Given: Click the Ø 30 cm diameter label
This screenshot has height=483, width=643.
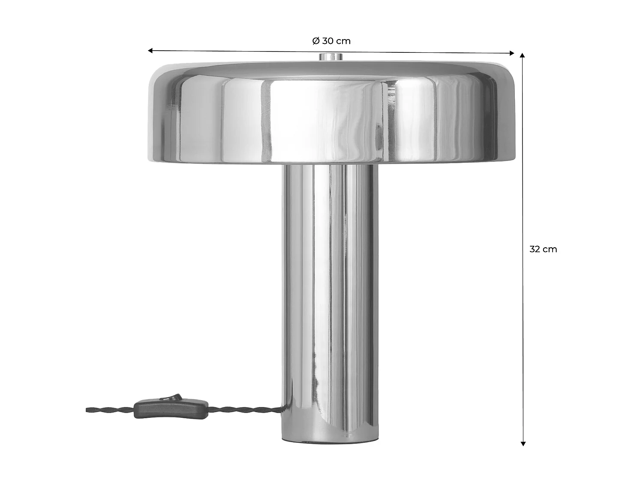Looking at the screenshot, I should tap(331, 41).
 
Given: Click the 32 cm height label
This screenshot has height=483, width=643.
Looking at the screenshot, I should tap(543, 249).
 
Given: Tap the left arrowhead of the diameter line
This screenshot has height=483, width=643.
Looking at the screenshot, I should tap(150, 51).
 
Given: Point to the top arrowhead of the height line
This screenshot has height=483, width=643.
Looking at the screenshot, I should tap(522, 56).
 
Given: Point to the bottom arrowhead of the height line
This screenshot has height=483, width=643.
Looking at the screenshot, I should tap(523, 444).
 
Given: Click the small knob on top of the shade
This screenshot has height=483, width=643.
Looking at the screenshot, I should tap(330, 57).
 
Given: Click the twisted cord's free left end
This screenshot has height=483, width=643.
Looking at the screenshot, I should tap(88, 409).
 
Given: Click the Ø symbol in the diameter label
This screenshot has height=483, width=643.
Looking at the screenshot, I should tap(315, 41).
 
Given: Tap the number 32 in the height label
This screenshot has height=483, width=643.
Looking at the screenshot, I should tap(535, 249).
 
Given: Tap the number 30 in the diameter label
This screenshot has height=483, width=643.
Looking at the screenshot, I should tap(328, 41).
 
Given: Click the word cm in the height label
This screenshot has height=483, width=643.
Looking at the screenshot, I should tap(550, 249).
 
